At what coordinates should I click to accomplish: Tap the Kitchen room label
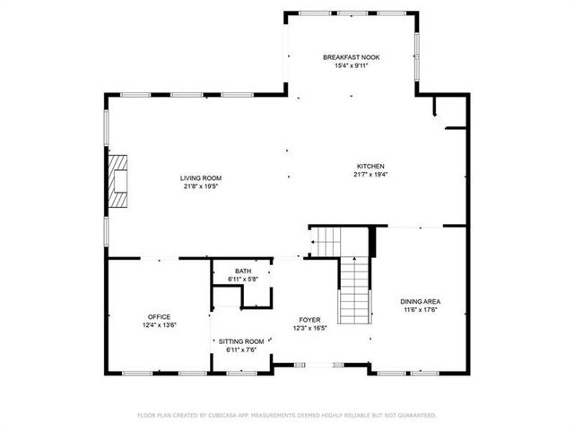(x=370, y=167)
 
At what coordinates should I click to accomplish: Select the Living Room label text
(x=201, y=178)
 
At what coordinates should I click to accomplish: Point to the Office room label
(x=160, y=317)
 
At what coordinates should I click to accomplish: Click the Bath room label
(x=243, y=271)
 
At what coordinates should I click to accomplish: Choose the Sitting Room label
(x=242, y=341)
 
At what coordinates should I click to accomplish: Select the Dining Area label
(x=420, y=302)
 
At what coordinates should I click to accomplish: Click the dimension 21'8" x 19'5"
(x=201, y=186)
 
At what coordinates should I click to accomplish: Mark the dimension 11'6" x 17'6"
(x=420, y=310)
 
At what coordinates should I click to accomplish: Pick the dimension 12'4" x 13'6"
(x=160, y=325)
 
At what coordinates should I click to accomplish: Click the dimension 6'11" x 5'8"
(x=243, y=279)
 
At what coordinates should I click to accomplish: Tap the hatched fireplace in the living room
(x=117, y=180)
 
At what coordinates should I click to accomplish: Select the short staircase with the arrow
(x=327, y=240)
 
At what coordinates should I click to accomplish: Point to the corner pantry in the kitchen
(x=448, y=114)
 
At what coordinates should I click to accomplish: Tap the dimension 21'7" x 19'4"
(x=370, y=175)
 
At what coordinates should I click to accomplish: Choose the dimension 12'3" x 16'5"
(x=310, y=328)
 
